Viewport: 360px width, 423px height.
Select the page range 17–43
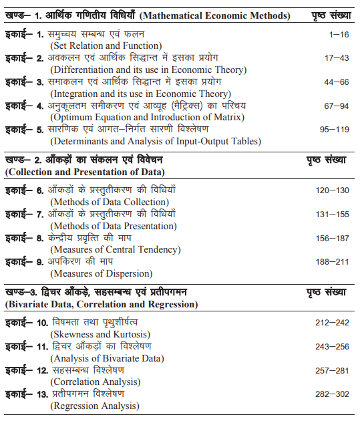coord(332,57)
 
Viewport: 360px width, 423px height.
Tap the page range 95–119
coord(332,130)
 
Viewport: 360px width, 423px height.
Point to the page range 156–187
coord(332,238)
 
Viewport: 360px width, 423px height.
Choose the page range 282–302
coord(332,394)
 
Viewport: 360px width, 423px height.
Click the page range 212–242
coord(332,322)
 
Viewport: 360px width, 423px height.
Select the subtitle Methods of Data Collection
coord(111,202)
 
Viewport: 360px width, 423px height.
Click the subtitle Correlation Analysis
coord(93,382)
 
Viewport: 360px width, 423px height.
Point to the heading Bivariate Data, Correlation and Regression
coord(101,304)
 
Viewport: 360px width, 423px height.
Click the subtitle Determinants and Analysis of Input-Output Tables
coord(155,142)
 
